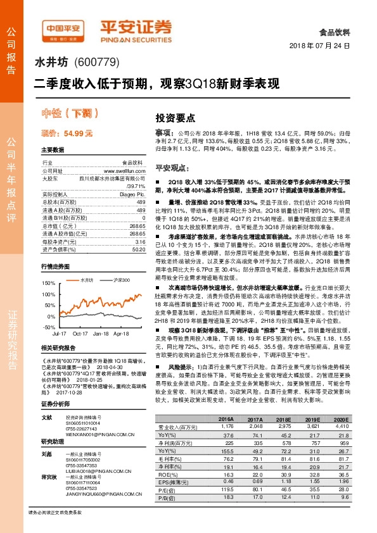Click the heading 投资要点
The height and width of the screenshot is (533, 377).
(173, 118)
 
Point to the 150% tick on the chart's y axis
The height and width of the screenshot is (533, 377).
(48, 283)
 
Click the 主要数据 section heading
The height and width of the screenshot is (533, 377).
(53, 150)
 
